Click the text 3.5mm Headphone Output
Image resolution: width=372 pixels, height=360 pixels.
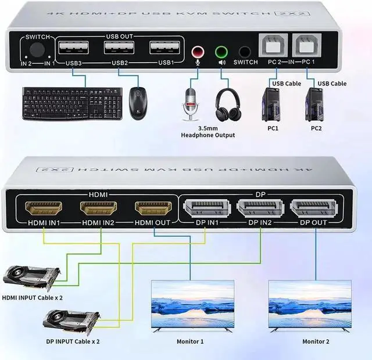[208, 131]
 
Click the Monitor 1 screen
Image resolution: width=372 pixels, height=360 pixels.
[192, 304]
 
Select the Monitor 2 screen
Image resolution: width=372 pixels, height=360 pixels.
[310, 304]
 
